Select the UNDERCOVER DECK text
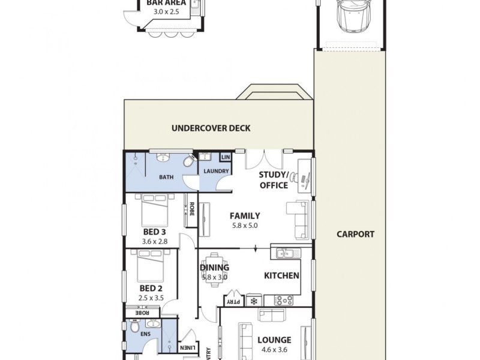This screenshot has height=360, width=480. click(211, 128)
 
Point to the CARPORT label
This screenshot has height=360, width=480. click(355, 235)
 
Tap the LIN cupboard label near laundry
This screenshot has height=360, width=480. click(226, 157)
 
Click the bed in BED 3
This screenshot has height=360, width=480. click(154, 211)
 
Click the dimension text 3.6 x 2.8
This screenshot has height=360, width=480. click(154, 241)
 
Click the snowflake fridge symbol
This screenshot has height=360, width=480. click(253, 299)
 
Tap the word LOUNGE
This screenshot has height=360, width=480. click(274, 340)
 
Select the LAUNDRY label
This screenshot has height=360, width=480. click(215, 171)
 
